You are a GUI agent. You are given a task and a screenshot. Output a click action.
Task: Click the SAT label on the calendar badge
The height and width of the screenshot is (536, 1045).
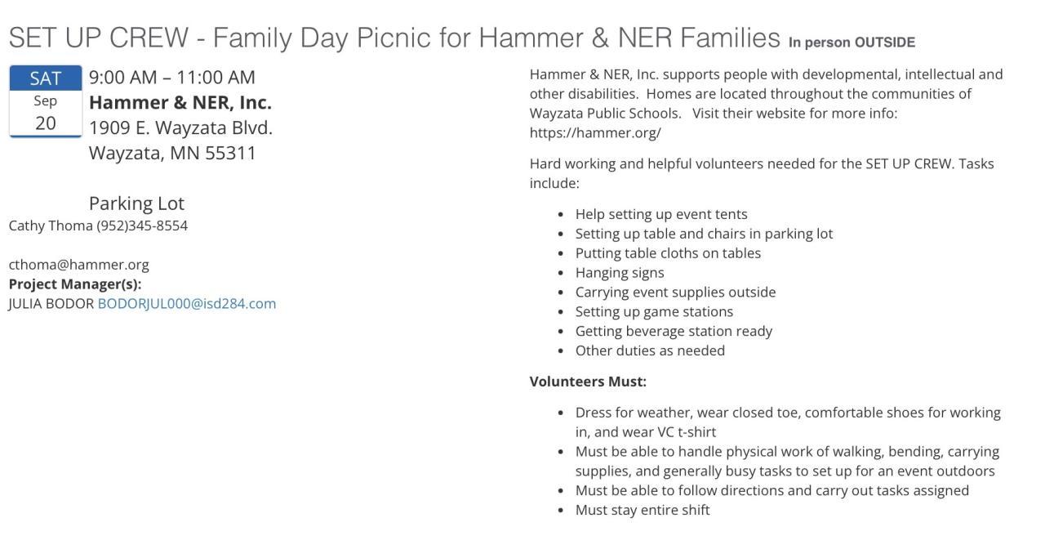46,78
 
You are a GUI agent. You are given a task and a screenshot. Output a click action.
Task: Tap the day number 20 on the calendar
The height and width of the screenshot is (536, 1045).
46,123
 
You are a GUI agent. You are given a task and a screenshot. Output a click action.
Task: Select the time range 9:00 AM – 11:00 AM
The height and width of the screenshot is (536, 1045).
172,78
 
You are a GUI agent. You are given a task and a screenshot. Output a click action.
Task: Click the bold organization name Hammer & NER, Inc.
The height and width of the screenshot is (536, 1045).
180,103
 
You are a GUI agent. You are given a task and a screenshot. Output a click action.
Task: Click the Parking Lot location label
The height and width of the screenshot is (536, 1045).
136,203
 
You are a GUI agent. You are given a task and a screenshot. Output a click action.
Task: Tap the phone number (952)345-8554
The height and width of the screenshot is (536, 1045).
142,226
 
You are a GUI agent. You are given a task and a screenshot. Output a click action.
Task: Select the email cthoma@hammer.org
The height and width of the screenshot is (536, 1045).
79,265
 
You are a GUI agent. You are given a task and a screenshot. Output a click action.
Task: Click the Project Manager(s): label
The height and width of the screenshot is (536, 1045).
75,284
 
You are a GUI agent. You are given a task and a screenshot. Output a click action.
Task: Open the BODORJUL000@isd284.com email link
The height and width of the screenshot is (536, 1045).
187,304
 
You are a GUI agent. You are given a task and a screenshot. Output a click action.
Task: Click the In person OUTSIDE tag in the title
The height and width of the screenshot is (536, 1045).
852,42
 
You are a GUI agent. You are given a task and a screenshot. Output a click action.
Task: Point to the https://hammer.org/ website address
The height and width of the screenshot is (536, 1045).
595,133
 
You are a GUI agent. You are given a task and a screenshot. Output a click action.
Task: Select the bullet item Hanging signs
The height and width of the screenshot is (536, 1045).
620,273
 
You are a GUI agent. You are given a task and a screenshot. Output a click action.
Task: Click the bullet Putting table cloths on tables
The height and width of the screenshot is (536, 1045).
668,253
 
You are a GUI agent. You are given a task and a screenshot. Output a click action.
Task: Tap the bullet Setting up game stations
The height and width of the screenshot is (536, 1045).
654,312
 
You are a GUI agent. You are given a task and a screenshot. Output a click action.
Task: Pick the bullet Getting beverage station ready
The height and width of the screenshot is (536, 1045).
674,332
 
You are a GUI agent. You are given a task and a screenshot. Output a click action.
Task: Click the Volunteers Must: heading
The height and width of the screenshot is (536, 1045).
588,382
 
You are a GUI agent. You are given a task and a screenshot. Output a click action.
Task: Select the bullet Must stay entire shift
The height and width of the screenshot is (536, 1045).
643,511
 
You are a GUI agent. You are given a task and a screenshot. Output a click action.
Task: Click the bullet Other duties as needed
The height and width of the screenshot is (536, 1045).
650,351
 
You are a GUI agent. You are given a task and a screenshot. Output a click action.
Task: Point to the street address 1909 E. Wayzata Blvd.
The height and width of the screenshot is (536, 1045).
180,128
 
